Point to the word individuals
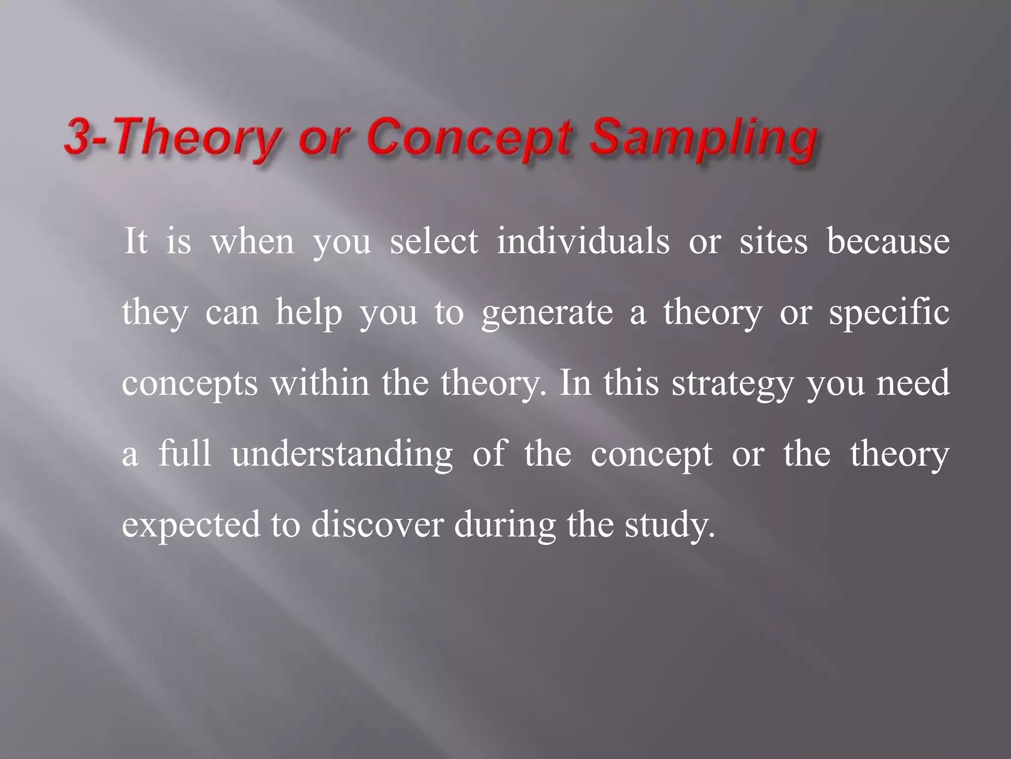coord(583,242)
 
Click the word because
coord(888,242)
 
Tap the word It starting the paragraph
coord(135,242)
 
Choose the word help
coord(309,313)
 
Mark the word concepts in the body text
coord(190,384)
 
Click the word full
coord(185,453)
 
